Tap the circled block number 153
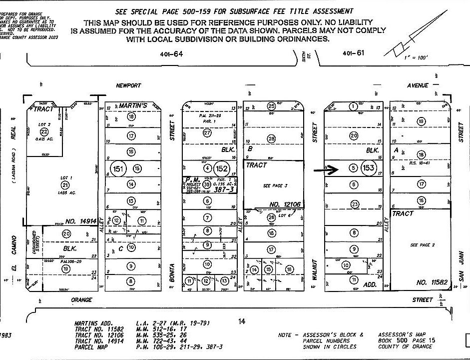pos(369,168)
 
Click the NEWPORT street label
pos(128,85)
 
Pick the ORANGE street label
pos(81,300)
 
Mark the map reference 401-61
pos(353,53)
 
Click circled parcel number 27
pos(207,133)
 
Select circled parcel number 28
pos(272,138)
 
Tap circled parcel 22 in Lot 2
pos(44,131)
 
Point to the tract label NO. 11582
pos(429,282)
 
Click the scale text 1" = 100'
pos(416,58)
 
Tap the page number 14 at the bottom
pos(242,321)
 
